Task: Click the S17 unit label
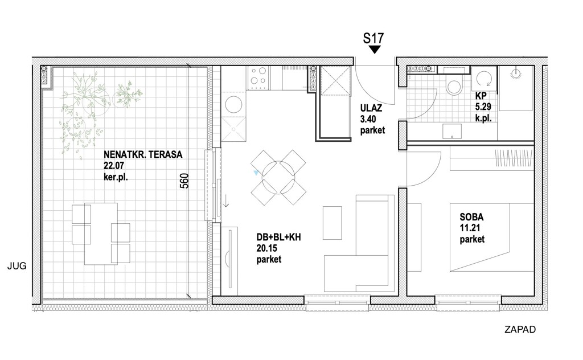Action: click(x=373, y=38)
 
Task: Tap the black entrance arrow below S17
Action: click(x=375, y=50)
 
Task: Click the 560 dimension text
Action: click(x=184, y=181)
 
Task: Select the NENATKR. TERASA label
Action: click(x=143, y=154)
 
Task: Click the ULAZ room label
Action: click(x=371, y=108)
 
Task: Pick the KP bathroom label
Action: click(x=481, y=96)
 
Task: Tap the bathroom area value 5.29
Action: click(x=483, y=107)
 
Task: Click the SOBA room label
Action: click(x=471, y=217)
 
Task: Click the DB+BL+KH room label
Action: click(x=278, y=238)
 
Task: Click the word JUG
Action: click(x=17, y=266)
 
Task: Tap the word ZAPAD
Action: click(x=520, y=329)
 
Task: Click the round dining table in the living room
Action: click(x=278, y=178)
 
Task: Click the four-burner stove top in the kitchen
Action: click(x=258, y=77)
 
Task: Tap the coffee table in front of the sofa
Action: click(x=332, y=223)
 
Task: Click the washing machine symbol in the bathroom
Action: click(x=484, y=79)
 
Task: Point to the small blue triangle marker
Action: click(x=256, y=173)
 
